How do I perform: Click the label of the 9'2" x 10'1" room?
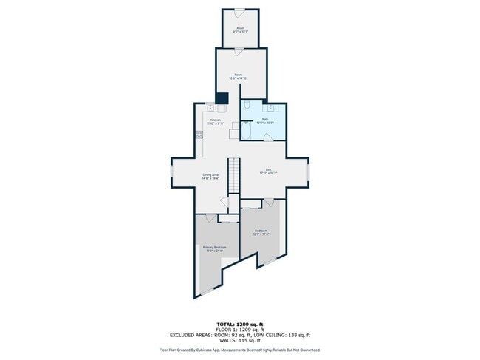coord(240,30)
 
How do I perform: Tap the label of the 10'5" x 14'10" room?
coord(239,76)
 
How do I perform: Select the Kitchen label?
coord(215,121)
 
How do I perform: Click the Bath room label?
coord(264,120)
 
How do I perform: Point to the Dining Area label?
coord(210,176)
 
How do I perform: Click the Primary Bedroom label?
coord(215,248)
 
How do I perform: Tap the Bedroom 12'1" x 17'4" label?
coord(261,231)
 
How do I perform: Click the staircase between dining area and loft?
coord(234,176)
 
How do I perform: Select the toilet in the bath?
coord(247,106)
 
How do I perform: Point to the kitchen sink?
coord(210,108)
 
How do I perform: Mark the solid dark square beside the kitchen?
coord(222,98)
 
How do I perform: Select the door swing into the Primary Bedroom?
coord(210,217)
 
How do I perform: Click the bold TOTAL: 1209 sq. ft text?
coord(240,325)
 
